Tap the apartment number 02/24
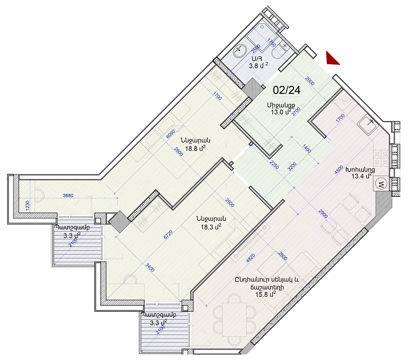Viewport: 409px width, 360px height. (287, 90)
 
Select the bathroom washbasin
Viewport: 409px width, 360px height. (240, 50)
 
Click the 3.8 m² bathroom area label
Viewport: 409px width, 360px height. (259, 66)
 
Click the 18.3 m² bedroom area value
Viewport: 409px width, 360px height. (211, 227)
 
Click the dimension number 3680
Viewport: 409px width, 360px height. (68, 195)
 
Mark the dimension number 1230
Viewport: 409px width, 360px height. (28, 206)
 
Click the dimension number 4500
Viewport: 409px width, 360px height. (339, 170)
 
